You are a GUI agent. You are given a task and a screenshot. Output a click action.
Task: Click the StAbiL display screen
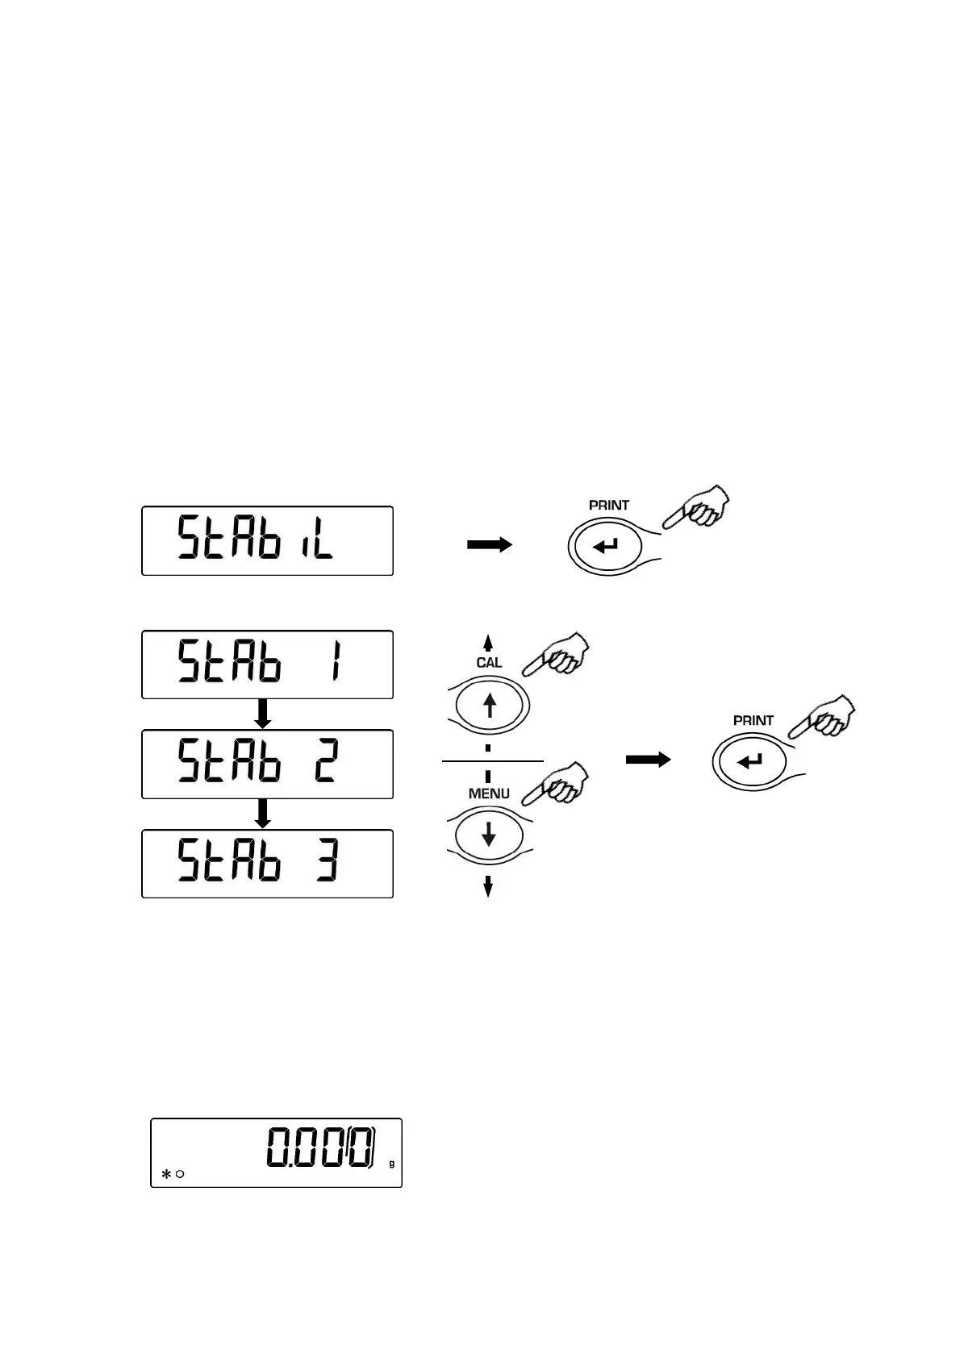click(x=267, y=540)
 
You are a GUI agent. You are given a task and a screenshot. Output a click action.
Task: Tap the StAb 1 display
click(x=267, y=664)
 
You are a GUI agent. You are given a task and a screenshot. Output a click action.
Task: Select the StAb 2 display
click(x=267, y=764)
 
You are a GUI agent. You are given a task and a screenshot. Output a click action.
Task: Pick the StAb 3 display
click(x=267, y=863)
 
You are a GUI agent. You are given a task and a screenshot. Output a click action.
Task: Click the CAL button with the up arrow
click(x=489, y=706)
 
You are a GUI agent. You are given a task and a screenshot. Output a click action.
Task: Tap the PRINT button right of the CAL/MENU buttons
click(x=750, y=760)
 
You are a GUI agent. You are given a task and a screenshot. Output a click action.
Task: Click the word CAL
click(x=489, y=662)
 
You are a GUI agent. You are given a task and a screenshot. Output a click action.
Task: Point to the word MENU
click(x=489, y=794)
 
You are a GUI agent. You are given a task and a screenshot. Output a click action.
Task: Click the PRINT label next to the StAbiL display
click(x=608, y=505)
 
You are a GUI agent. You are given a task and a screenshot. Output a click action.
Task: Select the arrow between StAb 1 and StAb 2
click(x=262, y=714)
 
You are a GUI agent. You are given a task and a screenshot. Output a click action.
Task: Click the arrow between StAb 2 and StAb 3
click(x=262, y=813)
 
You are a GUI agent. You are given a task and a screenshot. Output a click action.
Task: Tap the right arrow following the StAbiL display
click(x=489, y=545)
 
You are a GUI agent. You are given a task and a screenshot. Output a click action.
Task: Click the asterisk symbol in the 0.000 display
click(x=166, y=1175)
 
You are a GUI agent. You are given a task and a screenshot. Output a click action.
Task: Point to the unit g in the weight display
click(x=392, y=1164)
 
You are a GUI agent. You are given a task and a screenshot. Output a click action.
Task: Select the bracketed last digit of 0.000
click(x=361, y=1147)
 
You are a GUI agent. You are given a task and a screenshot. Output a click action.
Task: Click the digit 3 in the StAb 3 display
click(x=327, y=862)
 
